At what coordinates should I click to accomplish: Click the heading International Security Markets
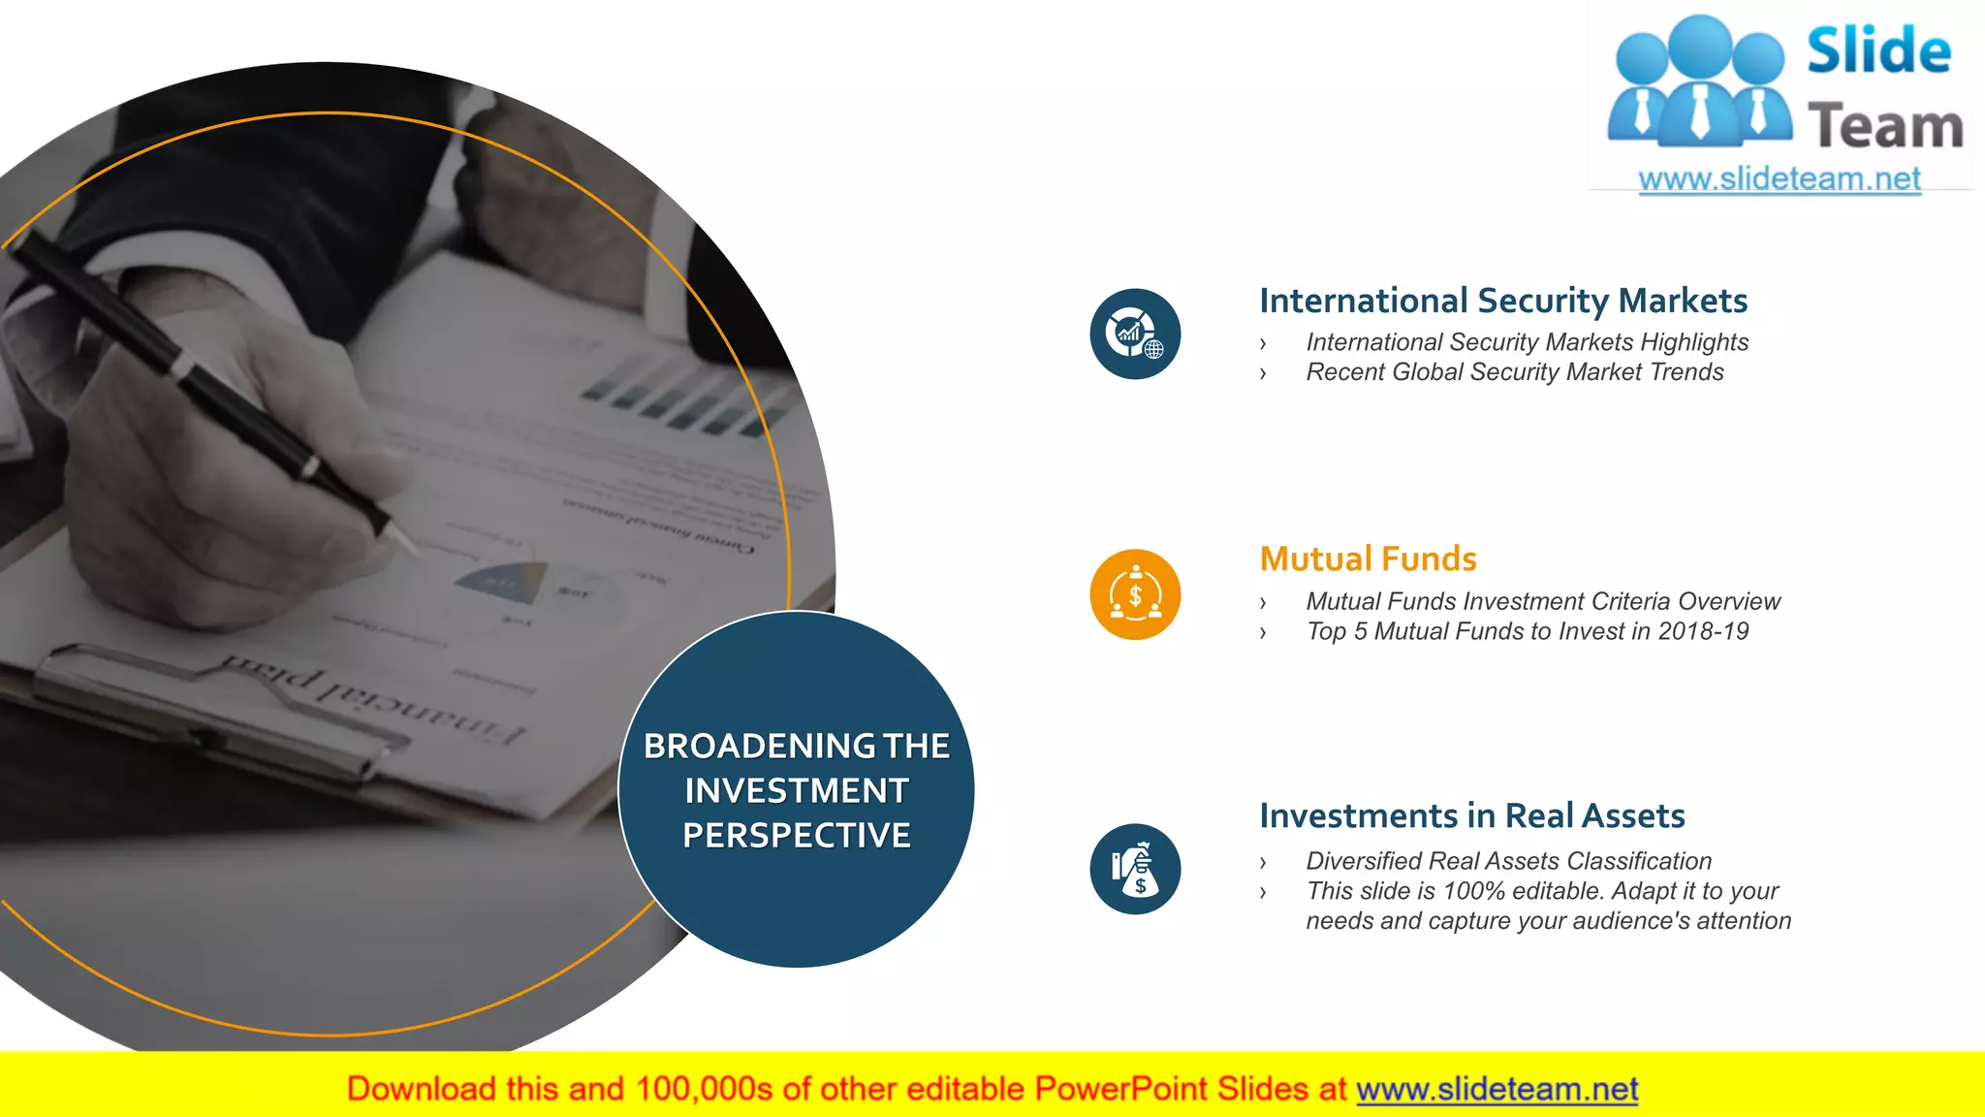coord(1502,301)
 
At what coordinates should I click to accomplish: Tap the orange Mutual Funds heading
coord(1368,559)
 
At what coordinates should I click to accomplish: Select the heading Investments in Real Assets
coord(1471,816)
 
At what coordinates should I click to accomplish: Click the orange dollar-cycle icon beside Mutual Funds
coord(1135,594)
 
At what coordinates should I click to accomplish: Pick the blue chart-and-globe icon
coord(1135,335)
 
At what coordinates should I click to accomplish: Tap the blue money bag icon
coord(1135,869)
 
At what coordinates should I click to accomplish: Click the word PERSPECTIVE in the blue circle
coord(797,836)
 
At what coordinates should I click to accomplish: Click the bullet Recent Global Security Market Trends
coord(1514,372)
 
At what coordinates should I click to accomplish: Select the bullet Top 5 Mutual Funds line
coord(1527,631)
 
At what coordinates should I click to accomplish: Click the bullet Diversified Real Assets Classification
coord(1508,861)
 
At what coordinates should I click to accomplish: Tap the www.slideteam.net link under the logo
coord(1779,179)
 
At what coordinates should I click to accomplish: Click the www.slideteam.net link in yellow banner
coord(1497,1090)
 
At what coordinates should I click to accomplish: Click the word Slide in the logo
coord(1878,51)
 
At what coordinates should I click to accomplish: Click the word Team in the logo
coord(1885,127)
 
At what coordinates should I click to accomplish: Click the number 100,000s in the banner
coord(704,1090)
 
